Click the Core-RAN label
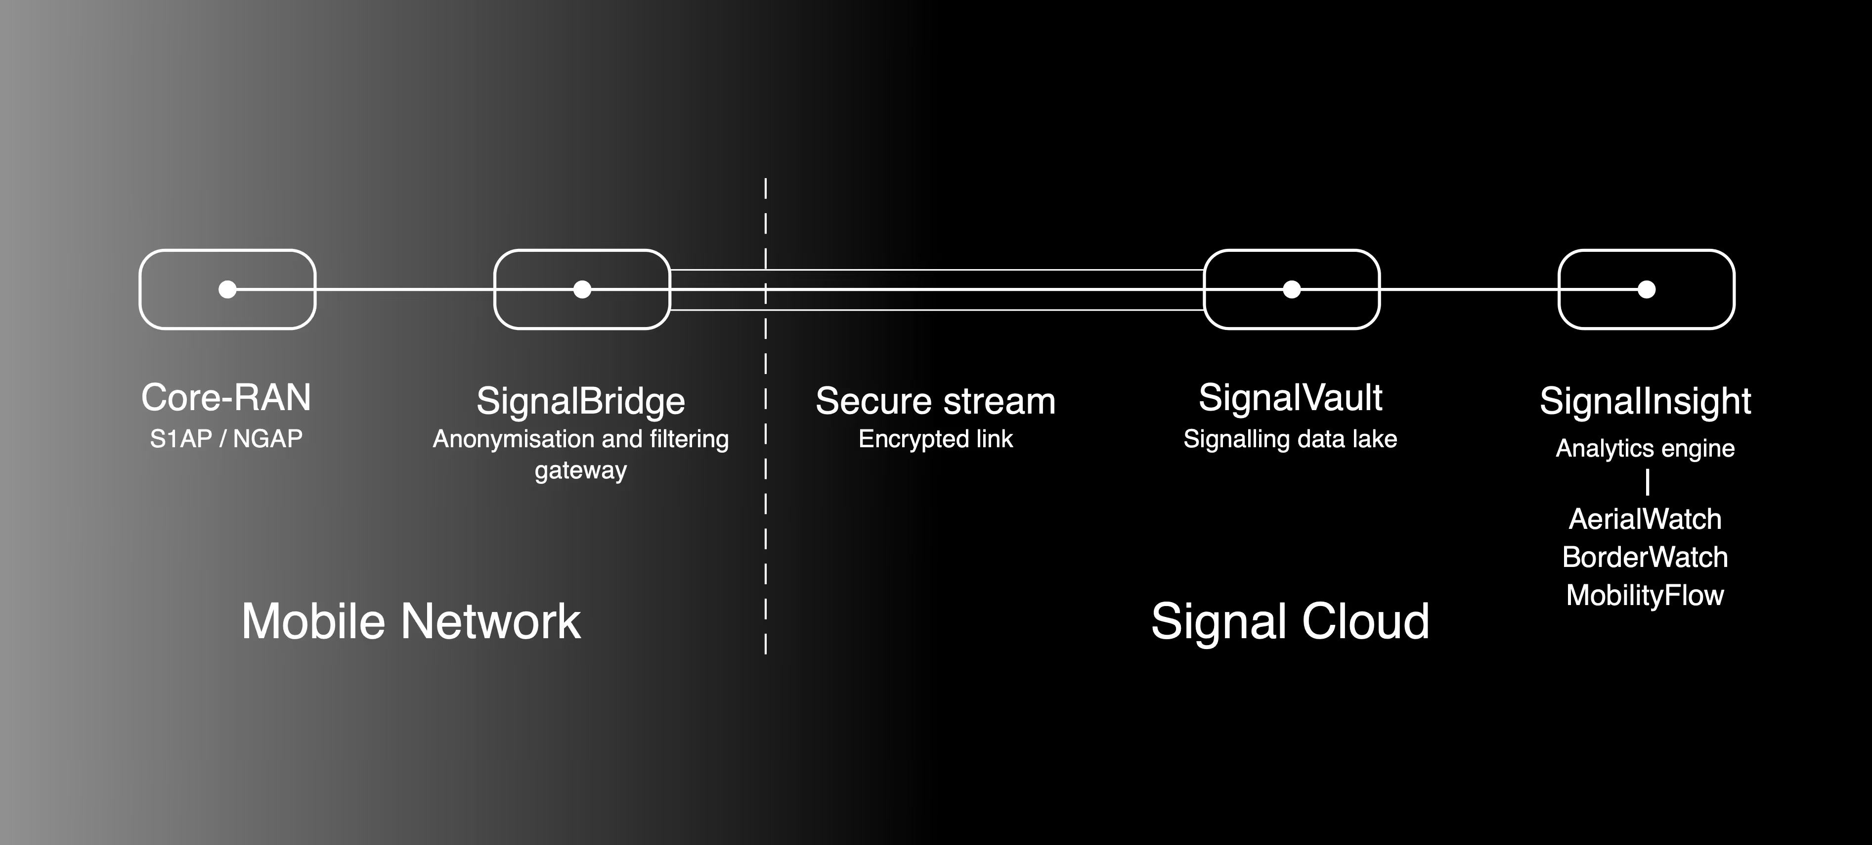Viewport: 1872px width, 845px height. [x=226, y=398]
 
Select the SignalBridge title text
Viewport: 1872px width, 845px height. [x=581, y=401]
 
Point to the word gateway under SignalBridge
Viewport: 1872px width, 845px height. [x=581, y=470]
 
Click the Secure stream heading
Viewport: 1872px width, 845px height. [x=935, y=401]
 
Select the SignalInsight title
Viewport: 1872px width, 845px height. [x=1645, y=401]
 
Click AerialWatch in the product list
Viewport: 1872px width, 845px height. [x=1645, y=519]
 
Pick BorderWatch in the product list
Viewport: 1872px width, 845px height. [x=1645, y=557]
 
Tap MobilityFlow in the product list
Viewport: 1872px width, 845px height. [x=1645, y=596]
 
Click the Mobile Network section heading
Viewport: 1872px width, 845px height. [x=411, y=622]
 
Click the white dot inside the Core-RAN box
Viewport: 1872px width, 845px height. [x=227, y=289]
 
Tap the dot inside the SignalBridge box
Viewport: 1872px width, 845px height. [x=582, y=289]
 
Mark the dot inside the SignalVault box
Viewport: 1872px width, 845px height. [x=1291, y=289]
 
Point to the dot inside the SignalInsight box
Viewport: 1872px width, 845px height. [x=1647, y=289]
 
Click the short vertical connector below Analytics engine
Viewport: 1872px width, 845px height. [x=1648, y=482]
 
